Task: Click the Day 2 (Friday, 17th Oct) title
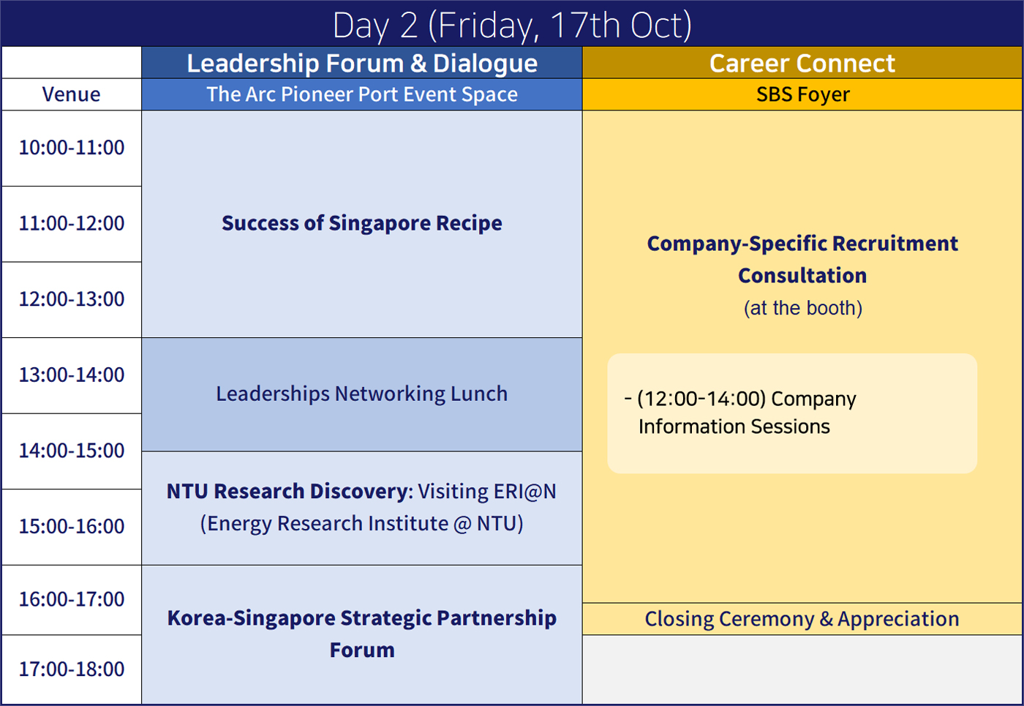click(512, 25)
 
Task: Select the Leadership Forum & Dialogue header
click(362, 63)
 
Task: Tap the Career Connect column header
click(802, 63)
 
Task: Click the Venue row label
click(72, 94)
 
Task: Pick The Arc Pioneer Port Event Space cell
click(362, 94)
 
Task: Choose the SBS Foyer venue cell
click(803, 94)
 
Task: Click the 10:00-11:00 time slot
click(72, 148)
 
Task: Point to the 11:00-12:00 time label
click(72, 224)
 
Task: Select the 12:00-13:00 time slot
click(72, 299)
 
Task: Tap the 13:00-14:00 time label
click(72, 375)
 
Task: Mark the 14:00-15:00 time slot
click(72, 451)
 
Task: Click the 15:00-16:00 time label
click(72, 526)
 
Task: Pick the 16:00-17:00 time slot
click(72, 599)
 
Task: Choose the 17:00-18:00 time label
click(72, 669)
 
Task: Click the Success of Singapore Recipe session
click(362, 223)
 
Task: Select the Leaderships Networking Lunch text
click(362, 394)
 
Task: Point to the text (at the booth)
click(803, 308)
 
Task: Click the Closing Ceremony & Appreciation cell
click(802, 619)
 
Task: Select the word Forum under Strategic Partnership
click(362, 650)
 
